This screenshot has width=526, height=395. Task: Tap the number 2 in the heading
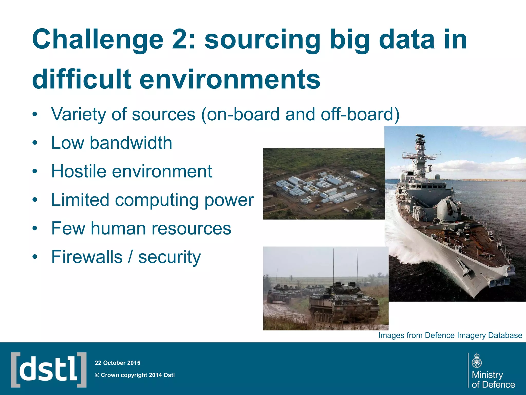pyautogui.click(x=181, y=39)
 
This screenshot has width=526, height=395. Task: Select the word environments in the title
pyautogui.click(x=230, y=79)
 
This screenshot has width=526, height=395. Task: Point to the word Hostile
pyautogui.click(x=79, y=171)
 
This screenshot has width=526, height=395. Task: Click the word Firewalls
pyautogui.click(x=87, y=257)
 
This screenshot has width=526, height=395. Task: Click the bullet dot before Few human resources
pyautogui.click(x=35, y=228)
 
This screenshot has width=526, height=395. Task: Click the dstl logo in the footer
pyautogui.click(x=49, y=370)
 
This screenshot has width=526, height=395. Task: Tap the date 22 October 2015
pyautogui.click(x=117, y=363)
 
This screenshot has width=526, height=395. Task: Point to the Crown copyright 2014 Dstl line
pyautogui.click(x=135, y=375)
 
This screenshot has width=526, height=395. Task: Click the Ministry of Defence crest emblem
pyautogui.click(x=477, y=361)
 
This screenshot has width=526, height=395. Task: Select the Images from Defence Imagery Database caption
pyautogui.click(x=450, y=335)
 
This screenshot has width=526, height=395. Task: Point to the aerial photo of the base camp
pyautogui.click(x=324, y=184)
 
